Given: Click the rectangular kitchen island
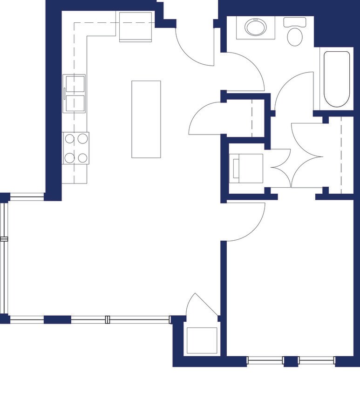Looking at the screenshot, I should (146, 119).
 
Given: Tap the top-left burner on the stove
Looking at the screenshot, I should (69, 138).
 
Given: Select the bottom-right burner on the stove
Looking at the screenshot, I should (82, 158).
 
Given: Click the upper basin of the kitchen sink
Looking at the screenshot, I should (75, 84).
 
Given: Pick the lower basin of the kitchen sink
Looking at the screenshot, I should (75, 103).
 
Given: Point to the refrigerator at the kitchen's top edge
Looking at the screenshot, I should (136, 27).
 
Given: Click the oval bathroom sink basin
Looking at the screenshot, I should (254, 27).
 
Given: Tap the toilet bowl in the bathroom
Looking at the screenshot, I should (294, 36).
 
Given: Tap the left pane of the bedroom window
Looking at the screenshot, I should (265, 360).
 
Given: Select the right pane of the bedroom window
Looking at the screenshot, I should (316, 360).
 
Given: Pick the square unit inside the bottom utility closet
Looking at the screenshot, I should (202, 340).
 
